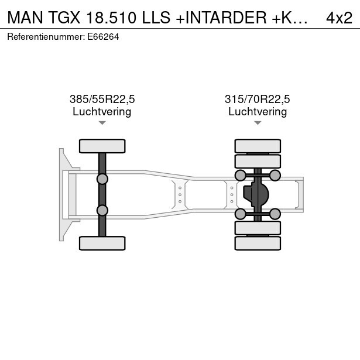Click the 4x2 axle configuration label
coord(339,18)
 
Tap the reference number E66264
coord(103,37)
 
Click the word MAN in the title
coord(25,18)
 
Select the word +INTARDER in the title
coord(221,18)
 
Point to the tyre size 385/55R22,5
coord(102,99)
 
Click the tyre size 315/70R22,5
coord(258,99)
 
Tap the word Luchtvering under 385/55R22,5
coord(102,112)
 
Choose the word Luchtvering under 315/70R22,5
coord(258,112)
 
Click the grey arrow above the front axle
coord(102,123)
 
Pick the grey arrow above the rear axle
coord(258,123)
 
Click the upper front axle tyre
coord(102,146)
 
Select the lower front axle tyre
coord(102,243)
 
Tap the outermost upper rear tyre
coord(258,146)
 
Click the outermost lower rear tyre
coord(258,243)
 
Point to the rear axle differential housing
coord(256,194)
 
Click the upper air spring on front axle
coord(102,179)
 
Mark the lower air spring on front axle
coord(102,210)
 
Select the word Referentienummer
coord(46,37)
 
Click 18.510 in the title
coord(111,18)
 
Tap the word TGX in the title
coord(64,18)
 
